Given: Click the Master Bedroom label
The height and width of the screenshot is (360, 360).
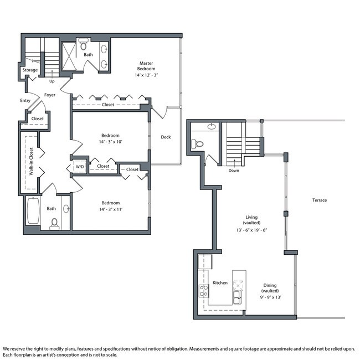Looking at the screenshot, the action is [146, 66].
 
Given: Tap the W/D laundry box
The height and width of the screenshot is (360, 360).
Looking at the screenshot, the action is [80, 167].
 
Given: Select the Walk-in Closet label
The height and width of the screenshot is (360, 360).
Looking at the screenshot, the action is [31, 161].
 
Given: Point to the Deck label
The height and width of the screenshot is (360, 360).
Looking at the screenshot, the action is [166, 137].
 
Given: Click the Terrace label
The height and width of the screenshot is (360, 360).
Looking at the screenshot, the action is [320, 200].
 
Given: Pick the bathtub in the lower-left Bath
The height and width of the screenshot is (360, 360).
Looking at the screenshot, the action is [33, 210].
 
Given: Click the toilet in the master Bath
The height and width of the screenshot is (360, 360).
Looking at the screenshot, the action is [83, 44].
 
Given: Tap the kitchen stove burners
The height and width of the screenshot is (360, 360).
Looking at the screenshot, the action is [204, 291].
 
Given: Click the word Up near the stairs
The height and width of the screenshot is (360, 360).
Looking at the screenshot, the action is [52, 81].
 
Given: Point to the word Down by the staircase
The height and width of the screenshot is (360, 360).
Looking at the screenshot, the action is [234, 171].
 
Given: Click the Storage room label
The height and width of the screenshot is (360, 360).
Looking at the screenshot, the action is [30, 70].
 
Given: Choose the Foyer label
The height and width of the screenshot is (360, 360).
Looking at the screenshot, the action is [50, 95].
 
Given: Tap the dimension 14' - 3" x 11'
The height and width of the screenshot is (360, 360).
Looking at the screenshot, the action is [111, 209].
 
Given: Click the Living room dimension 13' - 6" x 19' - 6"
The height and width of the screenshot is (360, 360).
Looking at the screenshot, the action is [251, 230].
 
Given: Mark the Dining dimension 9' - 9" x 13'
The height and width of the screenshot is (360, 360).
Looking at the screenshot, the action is [270, 297].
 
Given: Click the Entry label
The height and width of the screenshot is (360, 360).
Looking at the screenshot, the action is [25, 101].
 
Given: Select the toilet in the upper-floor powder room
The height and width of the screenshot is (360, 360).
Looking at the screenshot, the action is [197, 144].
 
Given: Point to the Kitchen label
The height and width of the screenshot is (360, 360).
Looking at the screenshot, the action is [220, 283].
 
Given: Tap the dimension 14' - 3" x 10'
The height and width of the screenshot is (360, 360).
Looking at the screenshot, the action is [110, 142].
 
